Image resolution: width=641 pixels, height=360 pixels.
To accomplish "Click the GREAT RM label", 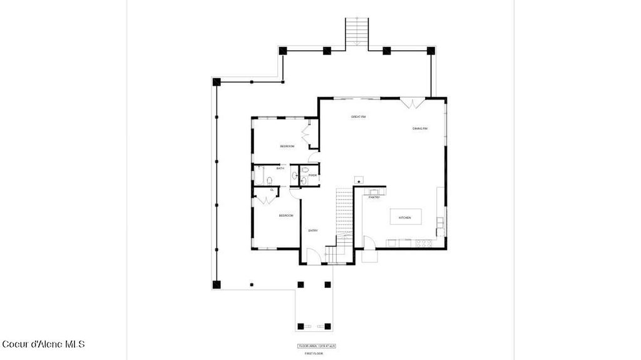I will (358, 117).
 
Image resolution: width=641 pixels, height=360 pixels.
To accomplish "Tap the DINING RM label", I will (419, 129).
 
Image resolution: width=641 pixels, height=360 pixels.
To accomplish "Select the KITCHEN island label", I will (404, 217).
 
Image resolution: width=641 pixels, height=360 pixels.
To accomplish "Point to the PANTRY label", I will (374, 197).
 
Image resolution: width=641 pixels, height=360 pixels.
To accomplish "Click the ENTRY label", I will (313, 230).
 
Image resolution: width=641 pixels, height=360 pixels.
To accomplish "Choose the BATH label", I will (280, 168).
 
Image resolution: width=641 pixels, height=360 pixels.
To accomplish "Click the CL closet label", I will (272, 190).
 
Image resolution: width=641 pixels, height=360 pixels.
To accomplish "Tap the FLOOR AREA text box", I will (316, 346).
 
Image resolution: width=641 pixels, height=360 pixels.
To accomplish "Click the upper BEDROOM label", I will (287, 146).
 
